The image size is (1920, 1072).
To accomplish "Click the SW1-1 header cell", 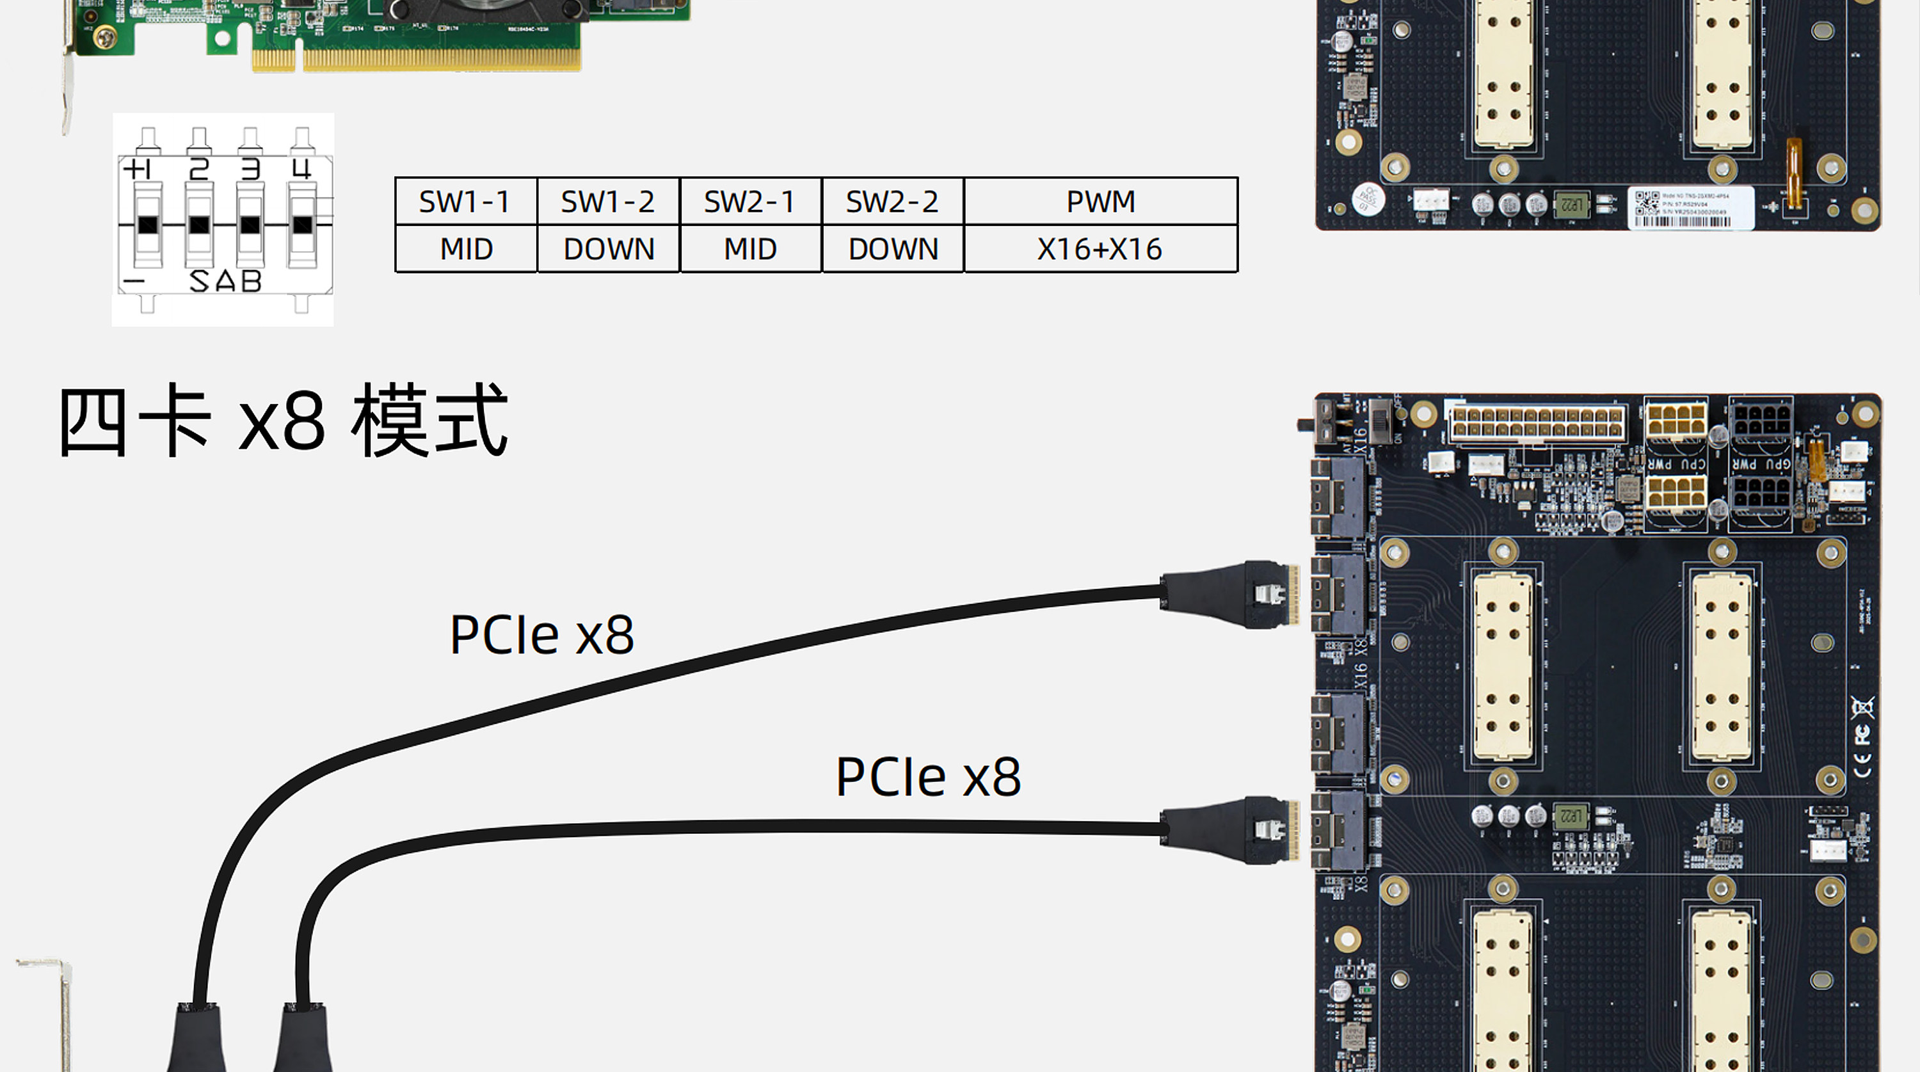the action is [465, 201].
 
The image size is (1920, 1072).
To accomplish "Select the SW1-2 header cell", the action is [607, 201].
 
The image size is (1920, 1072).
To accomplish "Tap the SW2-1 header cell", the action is [750, 201].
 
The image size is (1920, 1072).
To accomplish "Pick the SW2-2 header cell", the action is [892, 201].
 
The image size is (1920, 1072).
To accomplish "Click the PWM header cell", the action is [1100, 201].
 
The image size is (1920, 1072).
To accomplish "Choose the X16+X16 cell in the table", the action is [1100, 249].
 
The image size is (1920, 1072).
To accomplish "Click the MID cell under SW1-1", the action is [465, 249].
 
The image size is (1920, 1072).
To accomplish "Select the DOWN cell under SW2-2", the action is [892, 249].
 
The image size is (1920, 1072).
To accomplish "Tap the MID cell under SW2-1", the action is [750, 249].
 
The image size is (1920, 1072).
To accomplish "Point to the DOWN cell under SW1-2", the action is [607, 249].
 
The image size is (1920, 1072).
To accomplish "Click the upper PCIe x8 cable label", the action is [542, 635].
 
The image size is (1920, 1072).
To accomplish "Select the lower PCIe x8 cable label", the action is [928, 777].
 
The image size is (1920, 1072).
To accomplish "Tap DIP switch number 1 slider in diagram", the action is [148, 225].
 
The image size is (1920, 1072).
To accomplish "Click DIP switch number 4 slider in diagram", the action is [302, 225].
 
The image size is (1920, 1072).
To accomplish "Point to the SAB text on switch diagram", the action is [225, 282].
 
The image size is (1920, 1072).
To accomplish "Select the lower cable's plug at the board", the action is [1230, 829].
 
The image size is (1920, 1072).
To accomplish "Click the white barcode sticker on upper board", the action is [1690, 208].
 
